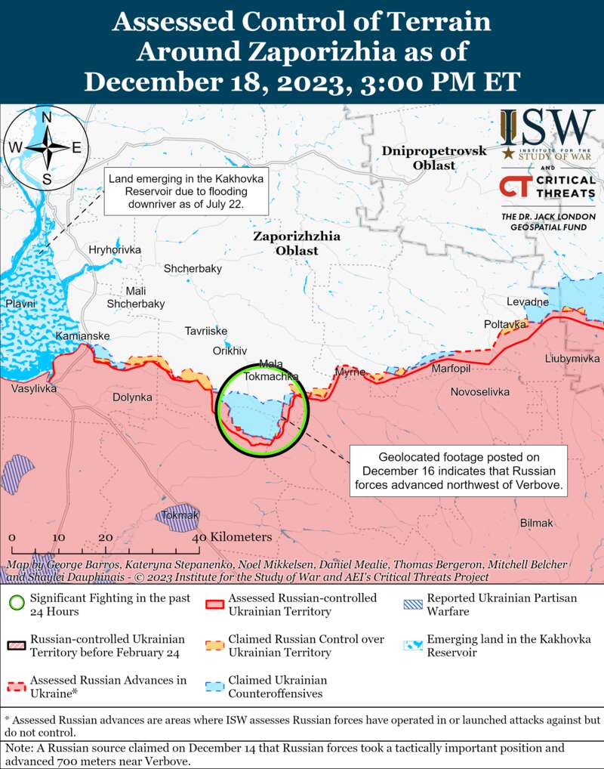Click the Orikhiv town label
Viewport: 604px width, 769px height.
pyautogui.click(x=230, y=351)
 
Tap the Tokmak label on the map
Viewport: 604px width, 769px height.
pyautogui.click(x=180, y=515)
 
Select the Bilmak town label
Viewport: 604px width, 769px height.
pyautogui.click(x=537, y=523)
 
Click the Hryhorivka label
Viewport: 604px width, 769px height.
pyautogui.click(x=115, y=250)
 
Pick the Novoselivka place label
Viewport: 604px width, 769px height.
pyautogui.click(x=480, y=392)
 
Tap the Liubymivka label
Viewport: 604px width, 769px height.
pyautogui.click(x=572, y=358)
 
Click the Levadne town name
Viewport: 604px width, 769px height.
pyautogui.click(x=528, y=302)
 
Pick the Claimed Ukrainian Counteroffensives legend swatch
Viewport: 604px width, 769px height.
pyautogui.click(x=214, y=686)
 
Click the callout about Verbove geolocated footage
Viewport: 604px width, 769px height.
pyautogui.click(x=458, y=471)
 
